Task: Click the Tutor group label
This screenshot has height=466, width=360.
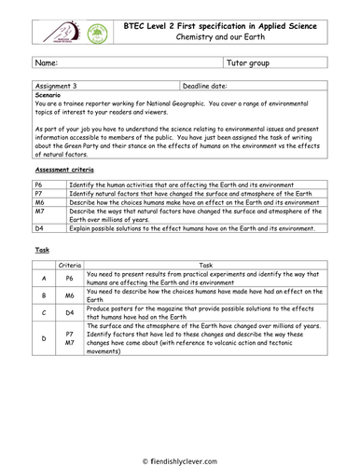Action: tap(249, 63)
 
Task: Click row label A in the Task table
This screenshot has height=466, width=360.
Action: tap(44, 279)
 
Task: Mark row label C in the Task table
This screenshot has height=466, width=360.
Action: tap(44, 313)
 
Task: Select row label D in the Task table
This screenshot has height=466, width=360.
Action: tap(44, 338)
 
